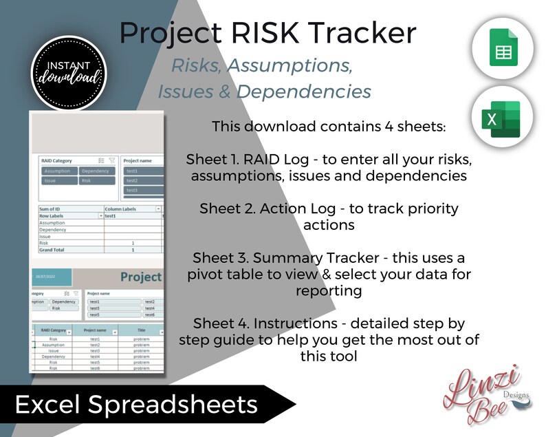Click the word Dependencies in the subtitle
(x=314, y=92)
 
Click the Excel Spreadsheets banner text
(x=136, y=405)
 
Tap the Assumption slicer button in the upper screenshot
(x=58, y=171)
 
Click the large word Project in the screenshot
(x=141, y=277)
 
